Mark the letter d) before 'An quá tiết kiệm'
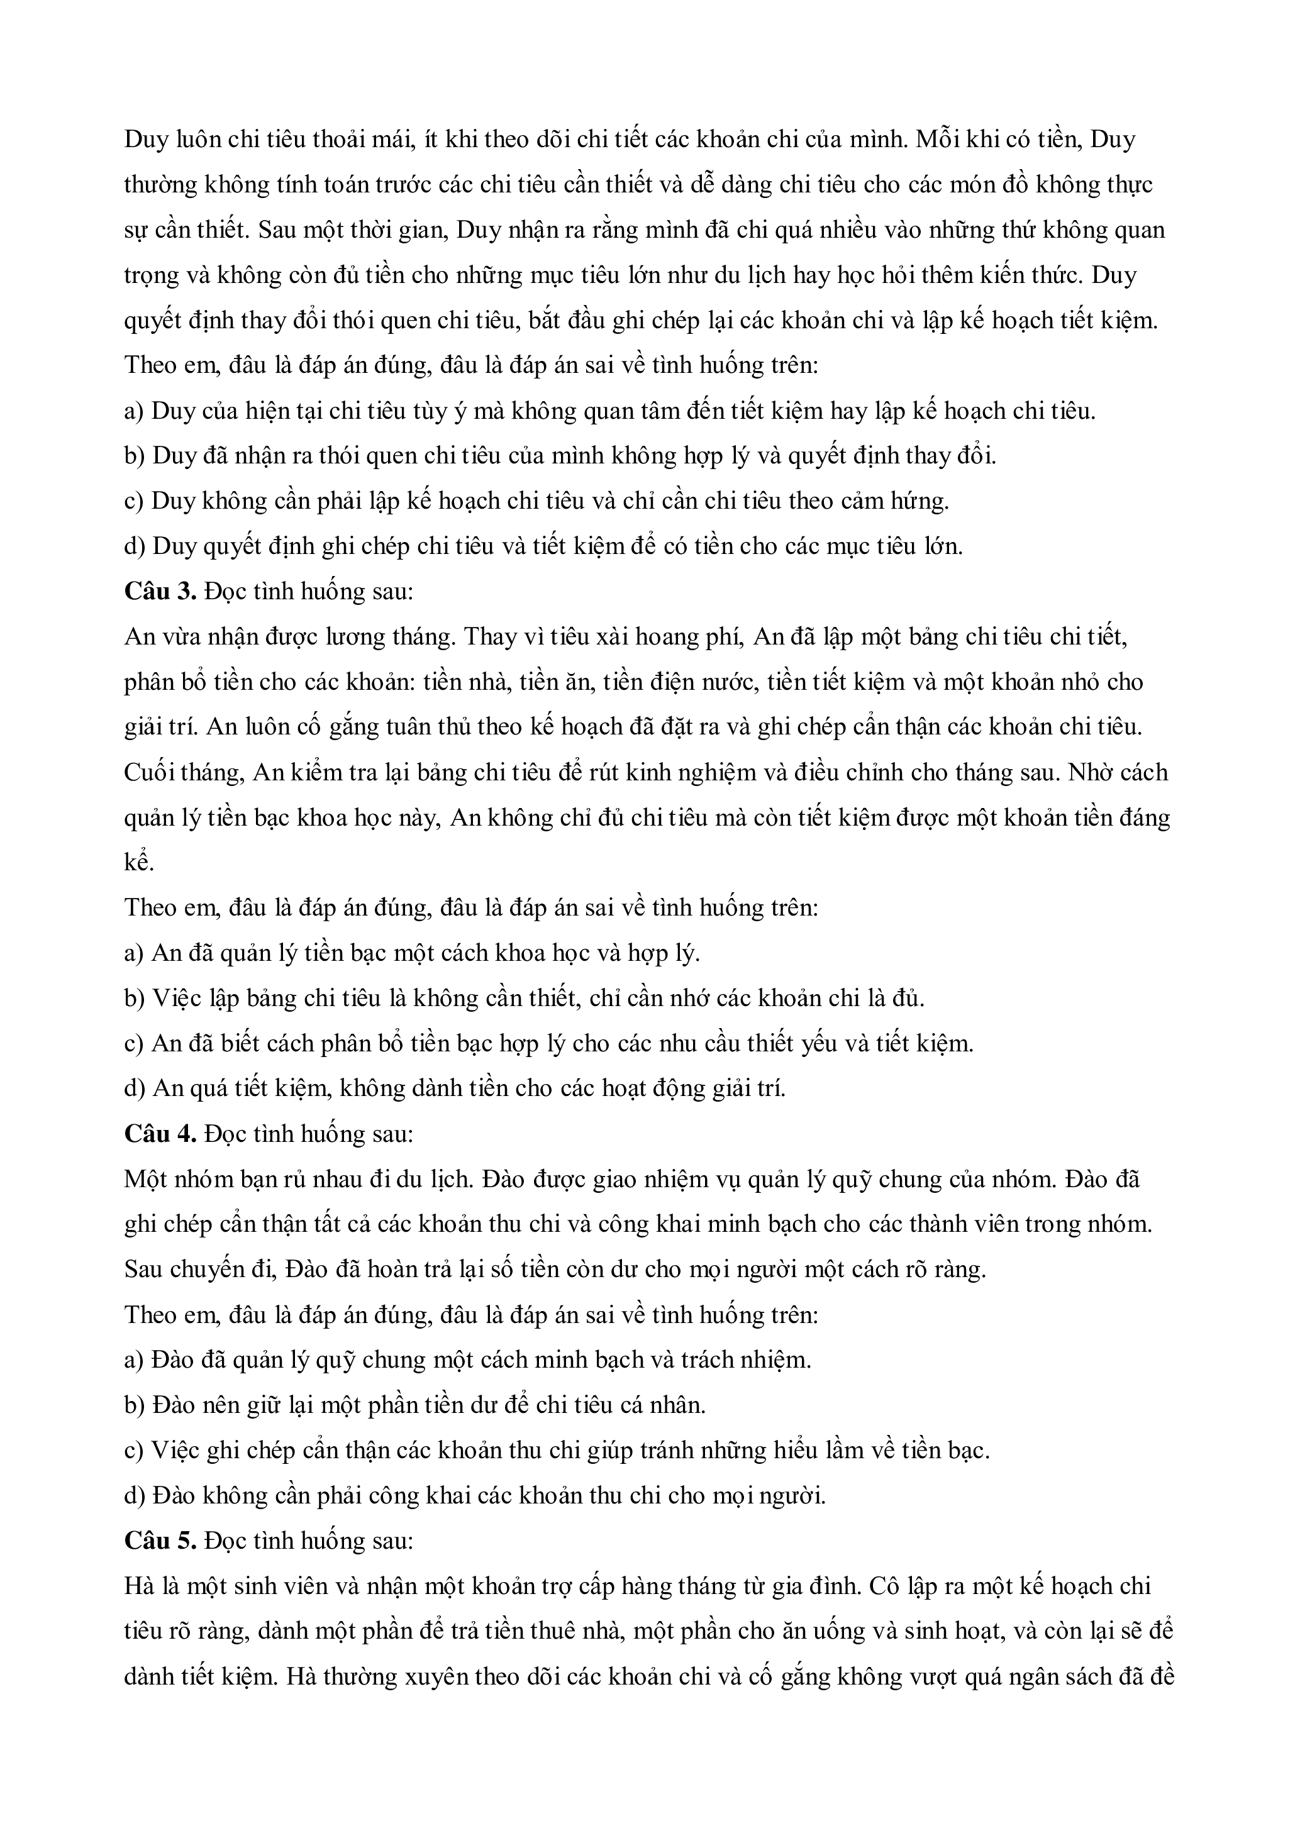(135, 1088)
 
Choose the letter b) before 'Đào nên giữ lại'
(135, 1406)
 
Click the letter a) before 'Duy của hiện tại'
(134, 411)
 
